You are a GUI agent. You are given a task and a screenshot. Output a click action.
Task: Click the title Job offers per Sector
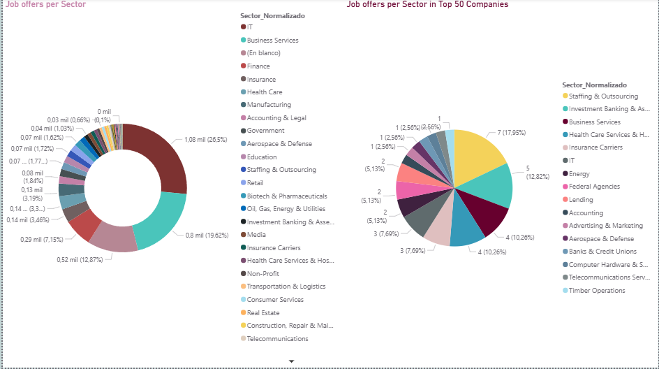[x=46, y=4]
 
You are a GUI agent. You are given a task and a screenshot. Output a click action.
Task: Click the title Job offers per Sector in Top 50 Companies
[x=427, y=4]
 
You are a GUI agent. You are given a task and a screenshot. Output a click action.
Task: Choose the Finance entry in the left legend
[x=258, y=66]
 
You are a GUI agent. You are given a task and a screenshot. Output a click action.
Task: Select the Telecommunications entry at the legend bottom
[x=277, y=339]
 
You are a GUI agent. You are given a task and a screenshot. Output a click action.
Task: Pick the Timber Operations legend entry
[x=596, y=291]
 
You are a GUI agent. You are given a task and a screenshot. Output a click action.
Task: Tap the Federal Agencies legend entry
[x=593, y=187]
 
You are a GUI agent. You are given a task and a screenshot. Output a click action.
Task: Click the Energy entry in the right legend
[x=579, y=174]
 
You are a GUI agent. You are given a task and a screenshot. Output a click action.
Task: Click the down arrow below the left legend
[x=292, y=361]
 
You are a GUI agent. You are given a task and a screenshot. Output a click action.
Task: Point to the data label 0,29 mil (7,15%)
[x=42, y=240]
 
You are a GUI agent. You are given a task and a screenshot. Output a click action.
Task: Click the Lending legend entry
[x=581, y=200]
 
